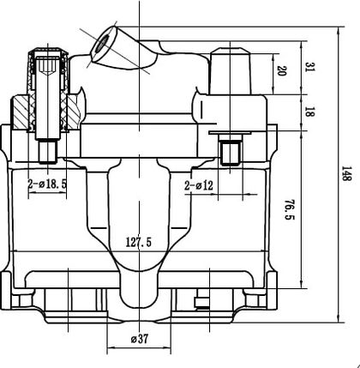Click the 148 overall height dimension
coord(346,173)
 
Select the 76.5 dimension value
coord(289,209)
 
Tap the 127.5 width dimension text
coord(139,243)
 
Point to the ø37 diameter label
coord(140,339)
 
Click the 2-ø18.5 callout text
coord(47,184)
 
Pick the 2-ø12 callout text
coord(199,186)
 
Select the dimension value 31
coord(308,67)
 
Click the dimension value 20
coord(282,70)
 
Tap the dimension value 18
coord(308,112)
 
